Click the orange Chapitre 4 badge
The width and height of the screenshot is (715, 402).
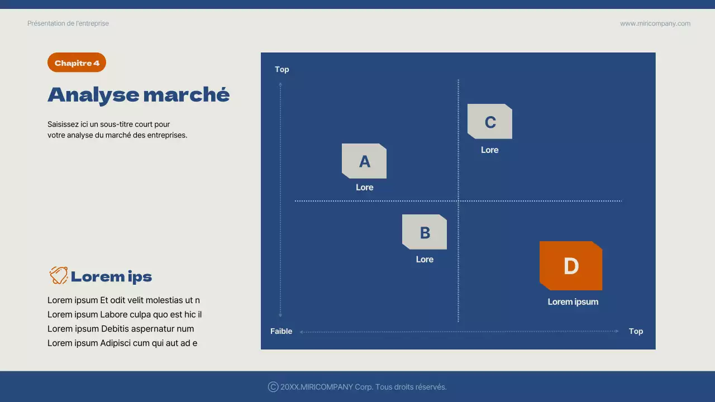pos(77,63)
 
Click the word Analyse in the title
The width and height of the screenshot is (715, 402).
pos(93,95)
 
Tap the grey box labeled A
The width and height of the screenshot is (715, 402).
pos(364,161)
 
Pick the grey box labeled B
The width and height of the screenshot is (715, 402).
pos(425,232)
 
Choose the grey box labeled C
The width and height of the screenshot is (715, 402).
pos(490,122)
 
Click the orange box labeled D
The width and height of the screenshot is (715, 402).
pos(571,266)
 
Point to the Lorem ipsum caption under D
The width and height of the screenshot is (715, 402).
pos(573,302)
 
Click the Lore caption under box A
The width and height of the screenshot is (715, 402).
pos(364,188)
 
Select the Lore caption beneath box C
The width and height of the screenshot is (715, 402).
pos(489,150)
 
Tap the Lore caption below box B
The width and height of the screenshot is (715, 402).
pos(425,260)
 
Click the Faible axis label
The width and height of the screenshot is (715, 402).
pos(281,332)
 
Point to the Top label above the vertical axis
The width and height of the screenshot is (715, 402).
pos(282,70)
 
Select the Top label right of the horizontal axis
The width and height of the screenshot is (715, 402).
pos(636,332)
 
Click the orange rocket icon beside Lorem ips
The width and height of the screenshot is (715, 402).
pos(58,276)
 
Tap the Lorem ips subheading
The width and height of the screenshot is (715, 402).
pos(111,277)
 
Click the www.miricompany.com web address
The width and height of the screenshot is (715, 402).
pos(655,23)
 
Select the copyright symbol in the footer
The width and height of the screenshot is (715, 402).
pos(273,387)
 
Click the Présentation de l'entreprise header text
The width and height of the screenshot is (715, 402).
pos(68,23)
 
